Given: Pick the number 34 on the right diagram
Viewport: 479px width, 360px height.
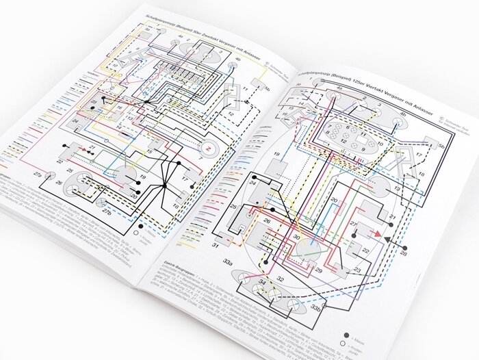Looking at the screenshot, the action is [x=262, y=283].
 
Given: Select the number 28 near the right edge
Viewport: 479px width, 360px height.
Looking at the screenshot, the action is [x=404, y=254].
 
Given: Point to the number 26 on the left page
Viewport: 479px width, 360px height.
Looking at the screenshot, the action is [x=59, y=183].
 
